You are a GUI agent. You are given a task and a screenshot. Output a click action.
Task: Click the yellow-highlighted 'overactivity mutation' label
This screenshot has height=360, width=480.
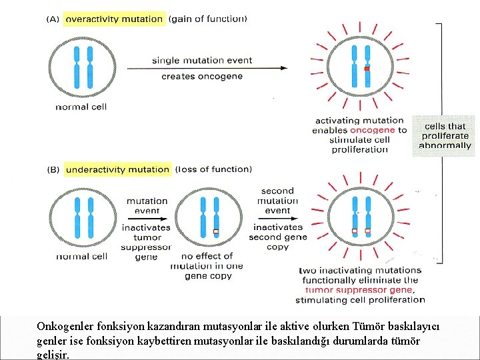(x=114, y=19)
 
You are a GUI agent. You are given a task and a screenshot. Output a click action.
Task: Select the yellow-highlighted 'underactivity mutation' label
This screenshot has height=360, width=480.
(x=118, y=169)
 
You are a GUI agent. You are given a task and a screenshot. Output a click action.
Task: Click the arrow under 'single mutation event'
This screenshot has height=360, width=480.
(x=207, y=67)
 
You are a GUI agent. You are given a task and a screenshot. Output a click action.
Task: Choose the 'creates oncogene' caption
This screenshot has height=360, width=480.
(x=202, y=76)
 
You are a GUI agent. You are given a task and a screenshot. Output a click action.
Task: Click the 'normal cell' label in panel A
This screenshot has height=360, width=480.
(x=81, y=107)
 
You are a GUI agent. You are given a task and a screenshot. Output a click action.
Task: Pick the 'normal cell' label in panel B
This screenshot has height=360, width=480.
(x=81, y=256)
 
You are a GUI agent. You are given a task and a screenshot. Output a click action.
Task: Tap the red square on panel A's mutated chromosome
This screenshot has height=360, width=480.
(x=366, y=69)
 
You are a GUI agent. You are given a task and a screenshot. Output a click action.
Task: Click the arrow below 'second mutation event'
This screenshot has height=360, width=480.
(x=277, y=218)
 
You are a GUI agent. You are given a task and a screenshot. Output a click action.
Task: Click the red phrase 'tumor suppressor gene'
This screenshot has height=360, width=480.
(x=359, y=290)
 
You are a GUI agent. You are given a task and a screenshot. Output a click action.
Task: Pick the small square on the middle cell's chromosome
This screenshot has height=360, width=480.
(x=215, y=232)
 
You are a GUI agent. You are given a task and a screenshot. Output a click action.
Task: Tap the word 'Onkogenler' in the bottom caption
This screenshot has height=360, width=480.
(x=62, y=327)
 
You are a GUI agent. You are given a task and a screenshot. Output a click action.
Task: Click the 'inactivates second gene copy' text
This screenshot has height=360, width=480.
(x=278, y=237)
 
